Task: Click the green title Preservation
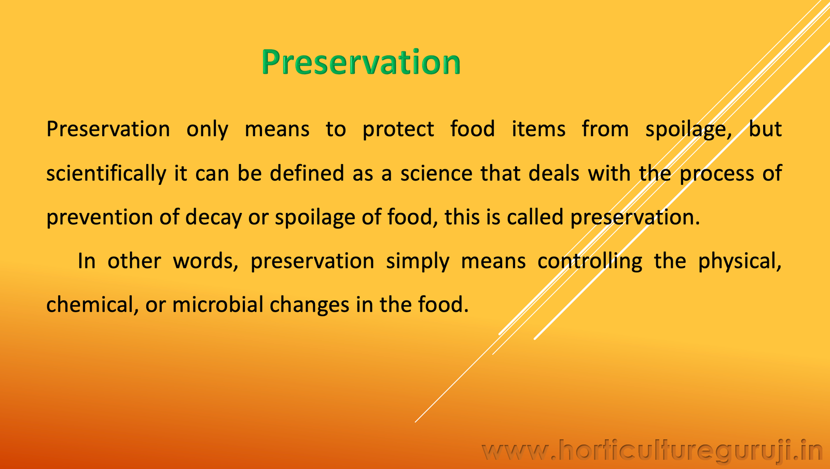pos(361,62)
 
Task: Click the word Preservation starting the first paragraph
pos(108,129)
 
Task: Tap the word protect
pos(398,129)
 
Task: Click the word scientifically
pos(106,173)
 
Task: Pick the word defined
pos(307,173)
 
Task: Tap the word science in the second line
pos(436,173)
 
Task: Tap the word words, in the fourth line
pos(205,261)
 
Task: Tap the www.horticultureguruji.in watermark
pos(652,450)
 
